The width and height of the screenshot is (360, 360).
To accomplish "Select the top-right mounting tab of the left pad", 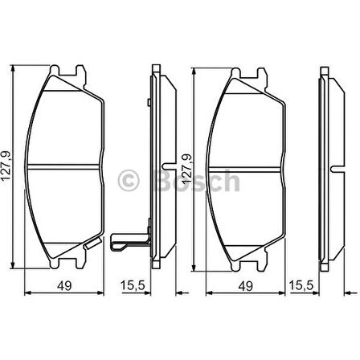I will click(x=80, y=73).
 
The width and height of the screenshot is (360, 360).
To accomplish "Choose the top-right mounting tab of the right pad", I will click(x=260, y=73).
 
